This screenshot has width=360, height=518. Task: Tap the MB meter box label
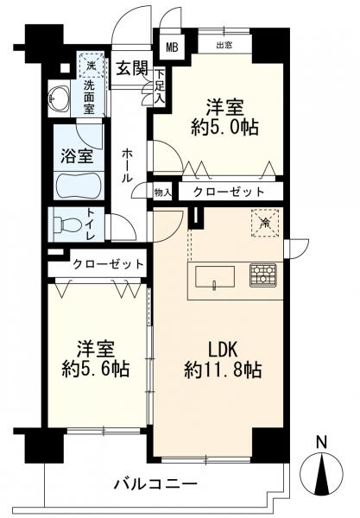pos(172,47)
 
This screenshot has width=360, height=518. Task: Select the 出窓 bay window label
pos(224,45)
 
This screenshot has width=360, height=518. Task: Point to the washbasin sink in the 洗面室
pos(59,98)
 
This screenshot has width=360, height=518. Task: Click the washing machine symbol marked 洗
pos(91,65)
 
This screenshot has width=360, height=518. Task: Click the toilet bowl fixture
pos(66,224)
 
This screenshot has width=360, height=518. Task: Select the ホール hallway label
pos(127,166)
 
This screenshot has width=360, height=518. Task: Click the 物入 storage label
pos(163,193)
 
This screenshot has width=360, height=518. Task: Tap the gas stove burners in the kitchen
pos(263,275)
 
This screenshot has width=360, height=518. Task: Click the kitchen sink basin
pos(215,277)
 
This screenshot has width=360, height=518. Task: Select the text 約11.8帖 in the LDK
pos(223,370)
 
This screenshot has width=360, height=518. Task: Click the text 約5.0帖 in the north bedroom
pos(224,127)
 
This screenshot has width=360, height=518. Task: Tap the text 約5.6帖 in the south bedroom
pos(96,369)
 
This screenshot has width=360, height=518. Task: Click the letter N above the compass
pos(321,442)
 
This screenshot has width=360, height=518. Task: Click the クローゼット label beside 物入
pos(229,192)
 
